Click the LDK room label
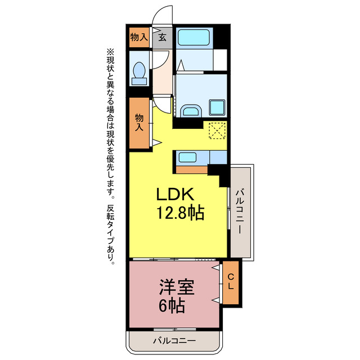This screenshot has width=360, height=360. click(x=175, y=195)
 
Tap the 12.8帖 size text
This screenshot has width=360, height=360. click(x=179, y=213)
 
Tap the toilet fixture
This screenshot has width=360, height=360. click(x=138, y=73)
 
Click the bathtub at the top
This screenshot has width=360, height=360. click(x=194, y=38)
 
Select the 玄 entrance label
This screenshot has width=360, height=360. click(x=162, y=38)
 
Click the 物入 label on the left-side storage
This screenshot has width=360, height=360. click(x=139, y=123)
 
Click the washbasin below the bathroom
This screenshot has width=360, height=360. click(x=191, y=110)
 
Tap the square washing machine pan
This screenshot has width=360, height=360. click(x=217, y=107)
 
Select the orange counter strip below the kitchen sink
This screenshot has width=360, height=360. click(x=192, y=170)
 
